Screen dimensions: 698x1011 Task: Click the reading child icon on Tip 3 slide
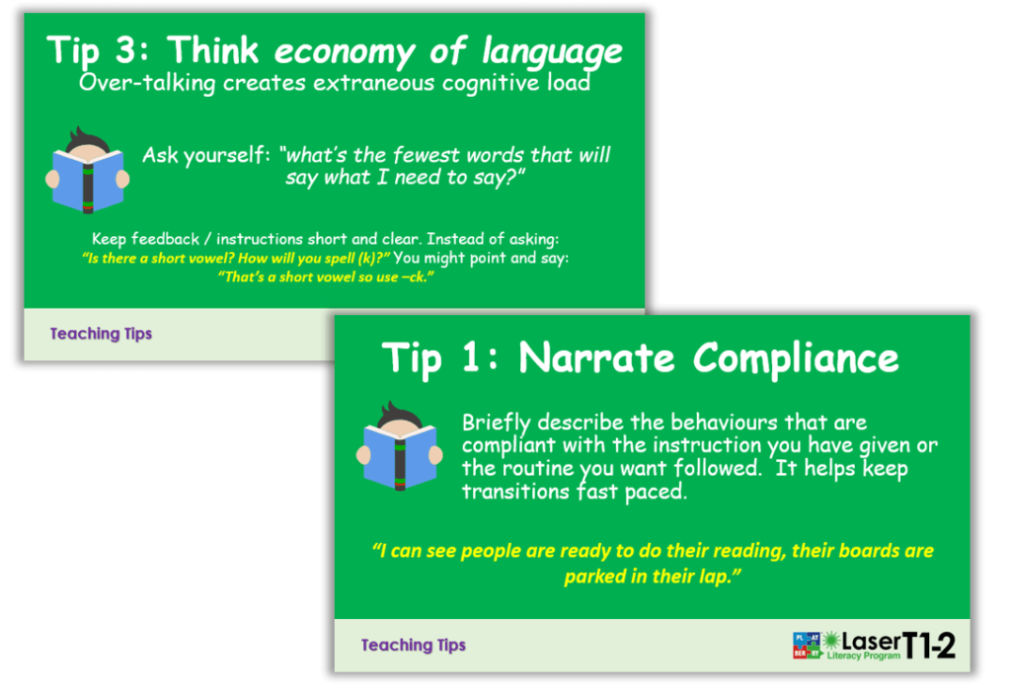point(87,171)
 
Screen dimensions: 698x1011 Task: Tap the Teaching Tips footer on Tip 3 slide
point(101,334)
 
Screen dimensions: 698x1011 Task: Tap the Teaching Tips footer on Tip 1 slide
point(413,646)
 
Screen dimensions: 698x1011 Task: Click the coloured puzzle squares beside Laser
point(807,645)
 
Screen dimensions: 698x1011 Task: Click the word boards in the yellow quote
point(832,551)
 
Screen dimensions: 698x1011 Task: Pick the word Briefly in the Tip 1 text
point(497,424)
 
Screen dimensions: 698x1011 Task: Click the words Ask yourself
point(206,155)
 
